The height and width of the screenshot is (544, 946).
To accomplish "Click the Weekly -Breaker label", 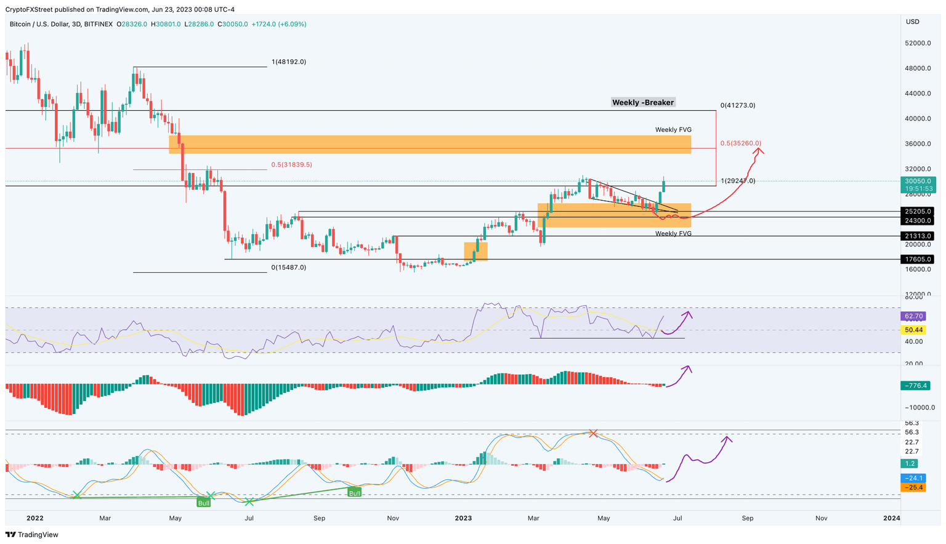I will click(643, 102).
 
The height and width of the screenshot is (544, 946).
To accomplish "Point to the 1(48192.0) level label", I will click(288, 62).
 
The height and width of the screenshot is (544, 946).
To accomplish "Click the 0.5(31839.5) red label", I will click(291, 165).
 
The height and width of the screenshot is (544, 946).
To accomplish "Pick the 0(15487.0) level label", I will click(288, 268).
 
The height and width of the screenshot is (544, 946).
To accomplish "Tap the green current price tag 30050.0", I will click(917, 181).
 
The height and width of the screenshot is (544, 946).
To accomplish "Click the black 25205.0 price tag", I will click(917, 211).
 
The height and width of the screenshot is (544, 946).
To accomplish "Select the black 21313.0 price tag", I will click(917, 236).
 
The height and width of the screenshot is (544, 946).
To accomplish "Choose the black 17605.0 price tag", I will click(917, 259).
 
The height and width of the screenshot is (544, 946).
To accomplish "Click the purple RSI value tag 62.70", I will click(913, 316).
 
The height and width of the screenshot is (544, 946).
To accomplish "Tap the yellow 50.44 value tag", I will click(913, 330).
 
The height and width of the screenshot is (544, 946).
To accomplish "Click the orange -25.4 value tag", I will click(913, 487).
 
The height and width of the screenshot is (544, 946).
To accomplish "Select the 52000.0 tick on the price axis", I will click(918, 44).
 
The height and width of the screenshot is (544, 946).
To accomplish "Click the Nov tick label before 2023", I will click(393, 518).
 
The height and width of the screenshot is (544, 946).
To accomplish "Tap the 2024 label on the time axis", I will click(891, 518).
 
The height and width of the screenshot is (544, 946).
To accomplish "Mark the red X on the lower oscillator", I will click(592, 434).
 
